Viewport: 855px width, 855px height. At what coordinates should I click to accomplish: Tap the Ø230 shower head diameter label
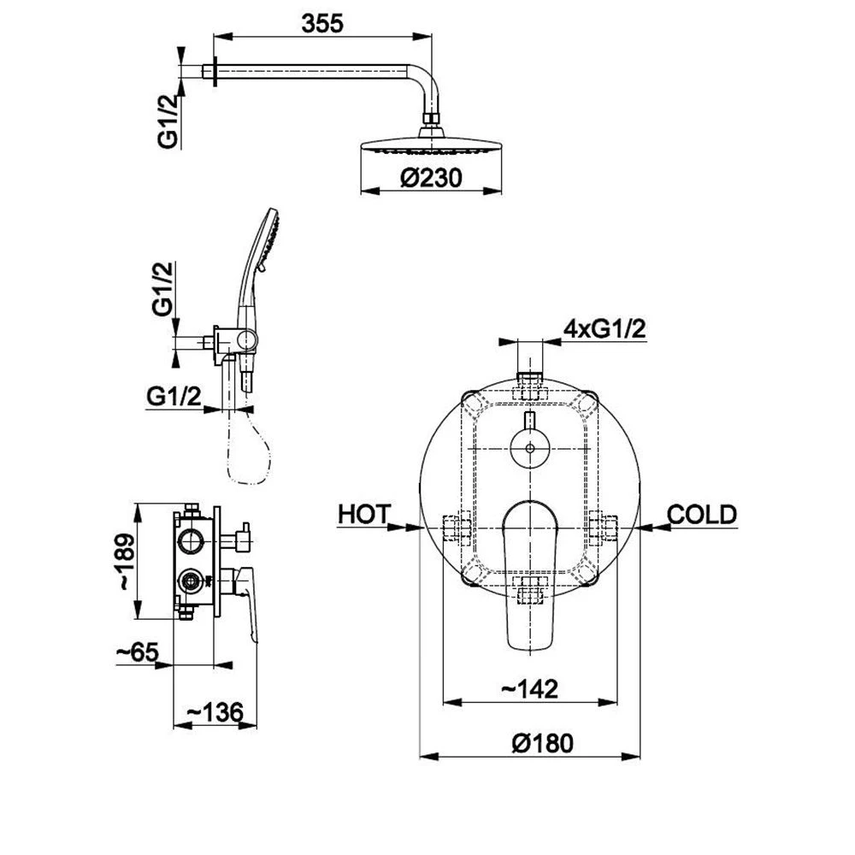[431, 178]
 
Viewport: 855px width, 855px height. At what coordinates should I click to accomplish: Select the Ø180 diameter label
[543, 743]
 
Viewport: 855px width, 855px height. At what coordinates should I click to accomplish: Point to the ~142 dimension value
[530, 689]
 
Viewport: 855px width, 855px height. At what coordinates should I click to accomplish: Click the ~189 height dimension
[126, 562]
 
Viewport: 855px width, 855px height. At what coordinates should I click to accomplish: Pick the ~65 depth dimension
[138, 652]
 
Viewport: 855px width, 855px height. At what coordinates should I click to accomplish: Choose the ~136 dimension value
[215, 711]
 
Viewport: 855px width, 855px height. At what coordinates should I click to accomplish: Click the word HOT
[364, 514]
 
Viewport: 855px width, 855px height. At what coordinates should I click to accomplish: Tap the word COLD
[702, 514]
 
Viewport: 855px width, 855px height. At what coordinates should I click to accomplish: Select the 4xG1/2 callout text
[605, 329]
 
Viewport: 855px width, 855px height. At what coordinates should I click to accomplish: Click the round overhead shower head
[431, 144]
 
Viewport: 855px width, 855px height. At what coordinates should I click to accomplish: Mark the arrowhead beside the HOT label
[412, 527]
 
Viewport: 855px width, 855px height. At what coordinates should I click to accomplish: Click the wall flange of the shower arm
[215, 72]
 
